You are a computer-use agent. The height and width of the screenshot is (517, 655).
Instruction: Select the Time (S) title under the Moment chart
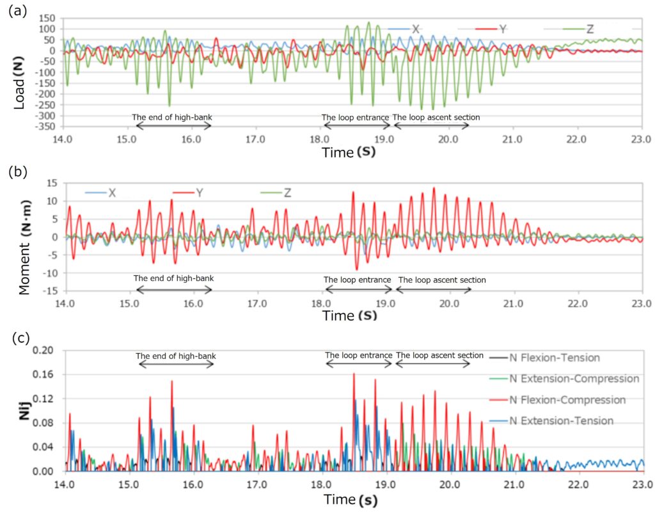pyautogui.click(x=349, y=315)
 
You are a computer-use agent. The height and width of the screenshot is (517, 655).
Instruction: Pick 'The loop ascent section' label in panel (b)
pyautogui.click(x=441, y=280)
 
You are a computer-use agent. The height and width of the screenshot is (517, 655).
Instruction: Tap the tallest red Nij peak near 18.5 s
pyautogui.click(x=354, y=375)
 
